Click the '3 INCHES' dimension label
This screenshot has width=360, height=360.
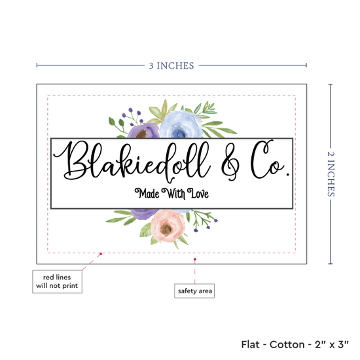point(171,65)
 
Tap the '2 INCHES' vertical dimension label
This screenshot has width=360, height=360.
point(331,174)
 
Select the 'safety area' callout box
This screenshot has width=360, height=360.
point(194,291)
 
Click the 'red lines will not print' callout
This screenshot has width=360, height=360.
point(57,281)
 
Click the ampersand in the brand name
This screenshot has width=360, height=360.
point(230,162)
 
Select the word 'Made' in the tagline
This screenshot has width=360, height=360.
point(147,193)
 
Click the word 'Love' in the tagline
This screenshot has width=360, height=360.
point(198,193)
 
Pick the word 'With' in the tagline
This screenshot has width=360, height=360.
point(173,193)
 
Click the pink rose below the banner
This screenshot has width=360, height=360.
point(168,226)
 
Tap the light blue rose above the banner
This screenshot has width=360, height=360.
point(181,124)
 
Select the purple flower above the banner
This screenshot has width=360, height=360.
point(143,131)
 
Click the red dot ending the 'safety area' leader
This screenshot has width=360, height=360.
point(195,259)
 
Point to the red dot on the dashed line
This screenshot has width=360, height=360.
point(101,254)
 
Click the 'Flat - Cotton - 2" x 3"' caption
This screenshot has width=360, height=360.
point(295,344)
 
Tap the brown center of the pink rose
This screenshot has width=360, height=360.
point(166,228)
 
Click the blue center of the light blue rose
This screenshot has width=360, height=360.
point(178,133)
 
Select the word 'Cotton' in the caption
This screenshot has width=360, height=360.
point(287,344)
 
